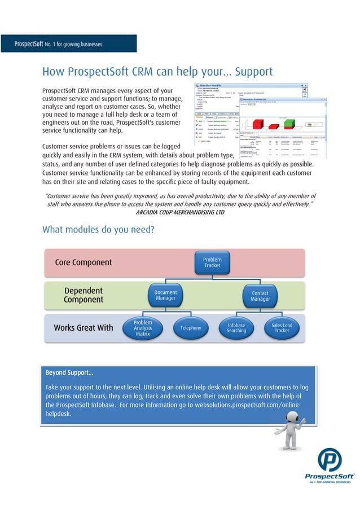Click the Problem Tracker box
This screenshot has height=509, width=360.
[x=212, y=262]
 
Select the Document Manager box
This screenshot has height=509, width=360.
[x=165, y=295]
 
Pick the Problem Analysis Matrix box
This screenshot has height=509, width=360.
[x=143, y=328]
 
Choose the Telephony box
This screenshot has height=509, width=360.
[x=191, y=328]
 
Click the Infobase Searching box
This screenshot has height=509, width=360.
[x=236, y=328]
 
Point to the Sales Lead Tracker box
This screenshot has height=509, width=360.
[x=282, y=328]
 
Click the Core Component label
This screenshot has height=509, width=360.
[x=83, y=262]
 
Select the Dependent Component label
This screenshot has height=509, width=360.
[x=83, y=295]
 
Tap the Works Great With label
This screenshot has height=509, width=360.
[x=83, y=328]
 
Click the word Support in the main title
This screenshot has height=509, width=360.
[x=253, y=72]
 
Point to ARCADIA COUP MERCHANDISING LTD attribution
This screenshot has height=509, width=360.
[x=180, y=213]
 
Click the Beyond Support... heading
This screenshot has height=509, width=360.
[x=69, y=373]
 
